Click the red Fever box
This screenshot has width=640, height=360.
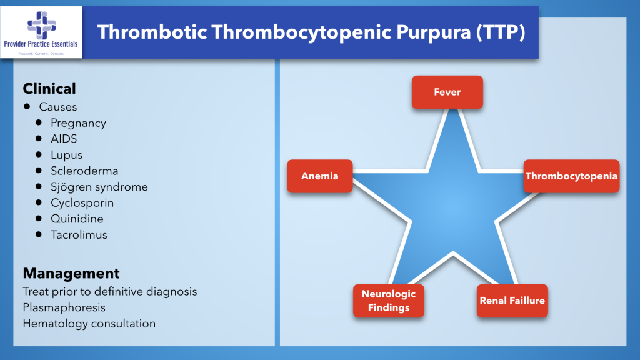point(447,92)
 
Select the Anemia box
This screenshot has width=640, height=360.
point(319,176)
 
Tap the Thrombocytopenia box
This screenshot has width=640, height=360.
point(571,176)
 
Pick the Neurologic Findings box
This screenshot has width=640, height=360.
point(388,301)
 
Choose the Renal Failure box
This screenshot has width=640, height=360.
point(512,301)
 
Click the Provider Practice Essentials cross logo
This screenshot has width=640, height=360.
point(41,26)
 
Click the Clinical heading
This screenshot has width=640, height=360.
point(49,89)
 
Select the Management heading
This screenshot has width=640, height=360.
point(71,274)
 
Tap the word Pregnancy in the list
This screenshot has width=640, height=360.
point(79,123)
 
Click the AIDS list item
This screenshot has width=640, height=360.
point(64,139)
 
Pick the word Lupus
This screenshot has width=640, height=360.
point(67,155)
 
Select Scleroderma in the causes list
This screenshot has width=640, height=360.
point(84,171)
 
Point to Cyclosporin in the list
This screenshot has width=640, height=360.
point(82,203)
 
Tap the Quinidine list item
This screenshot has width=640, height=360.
point(77,219)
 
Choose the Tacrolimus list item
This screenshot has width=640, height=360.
point(79,235)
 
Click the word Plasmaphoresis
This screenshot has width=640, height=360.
point(64,307)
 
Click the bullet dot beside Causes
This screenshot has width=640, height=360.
point(27,106)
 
